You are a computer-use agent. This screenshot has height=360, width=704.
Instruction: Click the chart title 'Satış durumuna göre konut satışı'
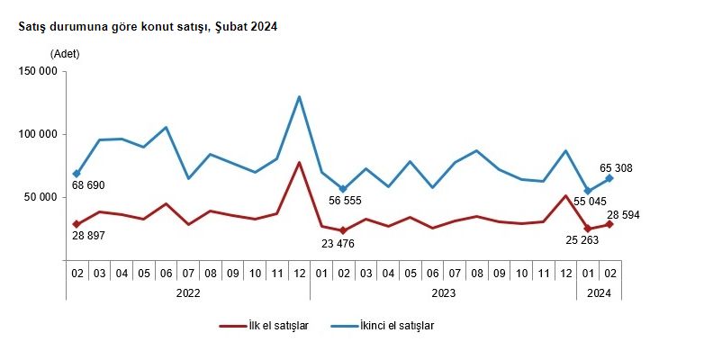(x=148, y=28)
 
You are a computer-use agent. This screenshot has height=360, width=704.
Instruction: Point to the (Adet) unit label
(x=65, y=54)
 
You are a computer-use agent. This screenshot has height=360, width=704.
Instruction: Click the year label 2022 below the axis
(x=188, y=292)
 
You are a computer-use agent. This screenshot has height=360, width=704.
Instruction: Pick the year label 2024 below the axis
(x=599, y=292)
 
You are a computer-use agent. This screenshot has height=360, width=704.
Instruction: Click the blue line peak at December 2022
(x=298, y=97)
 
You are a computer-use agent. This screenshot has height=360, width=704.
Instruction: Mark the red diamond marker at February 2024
(x=609, y=223)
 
